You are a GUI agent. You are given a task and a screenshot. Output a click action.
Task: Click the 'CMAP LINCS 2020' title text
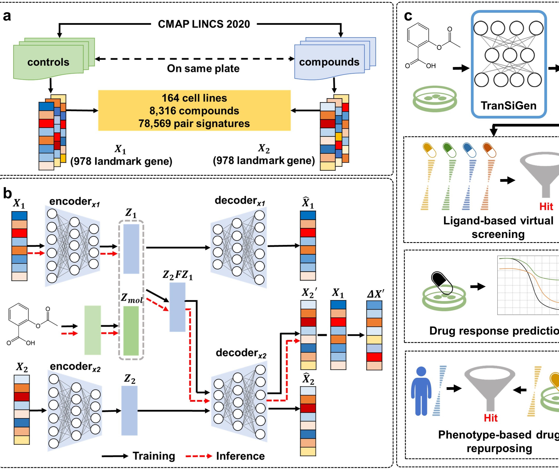click(204, 24)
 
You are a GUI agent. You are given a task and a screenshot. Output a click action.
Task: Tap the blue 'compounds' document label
click(329, 62)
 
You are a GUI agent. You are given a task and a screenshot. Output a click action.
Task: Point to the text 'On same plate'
click(203, 69)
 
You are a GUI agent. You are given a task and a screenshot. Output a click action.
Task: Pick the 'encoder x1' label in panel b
click(74, 202)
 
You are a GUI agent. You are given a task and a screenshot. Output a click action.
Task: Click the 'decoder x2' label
click(241, 353)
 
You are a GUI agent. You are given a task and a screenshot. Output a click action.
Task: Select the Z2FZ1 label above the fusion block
click(178, 275)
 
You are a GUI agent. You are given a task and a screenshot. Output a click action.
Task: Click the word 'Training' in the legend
click(154, 456)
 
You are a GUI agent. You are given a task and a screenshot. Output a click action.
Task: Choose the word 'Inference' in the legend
click(240, 456)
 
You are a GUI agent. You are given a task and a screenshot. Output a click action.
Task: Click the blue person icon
click(421, 391)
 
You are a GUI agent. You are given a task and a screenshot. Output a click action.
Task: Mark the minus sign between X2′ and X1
click(322, 335)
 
